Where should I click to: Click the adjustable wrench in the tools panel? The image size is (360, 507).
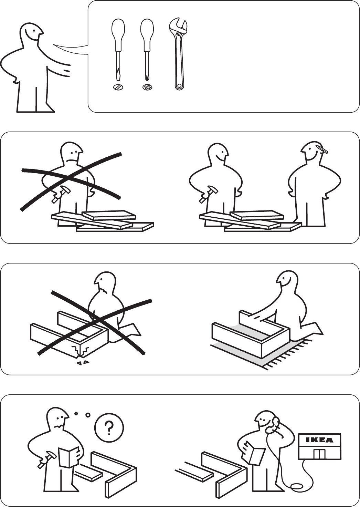[x=179, y=54]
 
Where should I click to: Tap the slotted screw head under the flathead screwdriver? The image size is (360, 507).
[x=118, y=87]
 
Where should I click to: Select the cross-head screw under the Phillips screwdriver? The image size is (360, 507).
[x=147, y=87]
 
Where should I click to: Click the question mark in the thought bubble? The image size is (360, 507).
[x=109, y=427]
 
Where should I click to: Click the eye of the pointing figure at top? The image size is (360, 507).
[x=34, y=31]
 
